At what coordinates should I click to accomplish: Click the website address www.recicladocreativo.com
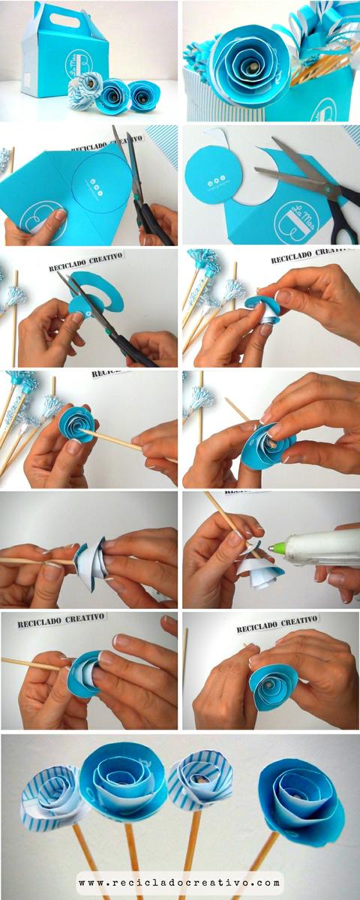point(180,883)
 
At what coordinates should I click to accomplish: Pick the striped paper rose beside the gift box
point(85,91)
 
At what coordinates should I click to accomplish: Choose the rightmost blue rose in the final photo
point(301,800)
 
